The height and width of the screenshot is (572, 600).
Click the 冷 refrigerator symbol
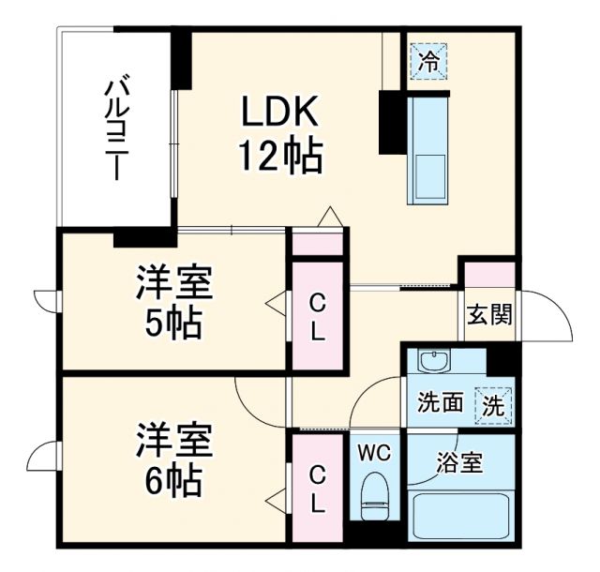pos(429,63)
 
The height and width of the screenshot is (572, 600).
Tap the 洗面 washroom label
pos(440,403)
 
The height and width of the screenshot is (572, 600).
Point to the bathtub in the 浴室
pos(460,516)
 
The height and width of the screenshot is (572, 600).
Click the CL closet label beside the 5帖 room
pos(318,316)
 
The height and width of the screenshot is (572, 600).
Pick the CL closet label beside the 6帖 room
pos(318,488)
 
